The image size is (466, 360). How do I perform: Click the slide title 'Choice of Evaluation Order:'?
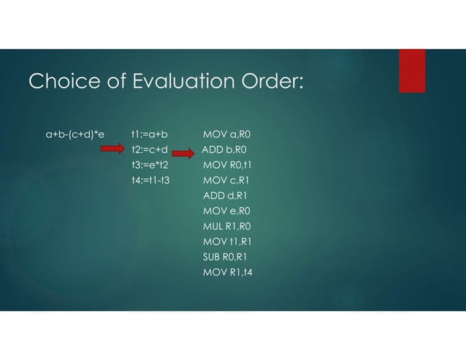[x=164, y=83]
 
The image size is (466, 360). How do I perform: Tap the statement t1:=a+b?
[x=150, y=134]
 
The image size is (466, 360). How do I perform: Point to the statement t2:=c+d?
[x=150, y=150]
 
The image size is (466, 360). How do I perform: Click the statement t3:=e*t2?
[x=150, y=166]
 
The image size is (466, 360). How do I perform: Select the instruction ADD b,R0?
[x=225, y=150]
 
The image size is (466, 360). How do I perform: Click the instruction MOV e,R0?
[x=226, y=212]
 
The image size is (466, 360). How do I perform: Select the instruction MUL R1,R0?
[x=227, y=227]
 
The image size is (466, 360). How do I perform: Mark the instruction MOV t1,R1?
[x=227, y=242]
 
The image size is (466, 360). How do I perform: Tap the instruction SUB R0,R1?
[x=226, y=258]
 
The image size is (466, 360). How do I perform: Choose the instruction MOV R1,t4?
[x=227, y=273]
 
